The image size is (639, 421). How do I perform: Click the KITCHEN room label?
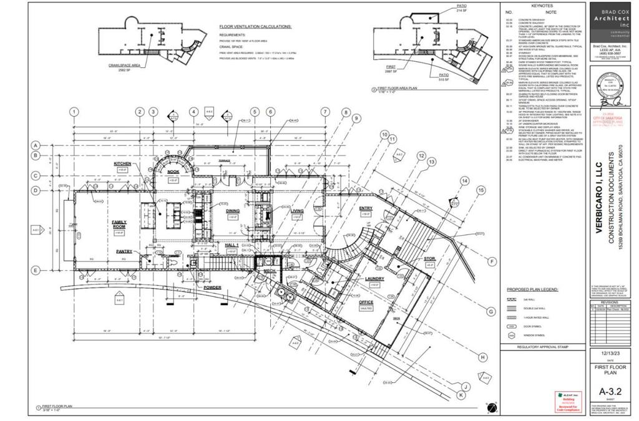(122, 163)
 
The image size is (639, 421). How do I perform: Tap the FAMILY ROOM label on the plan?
(119, 224)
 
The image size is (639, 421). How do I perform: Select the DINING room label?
(233, 211)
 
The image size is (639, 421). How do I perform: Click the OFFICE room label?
(366, 302)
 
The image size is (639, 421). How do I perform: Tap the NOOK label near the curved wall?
(173, 171)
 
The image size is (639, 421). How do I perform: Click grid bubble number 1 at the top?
(74, 112)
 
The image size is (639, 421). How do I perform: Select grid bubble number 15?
(480, 190)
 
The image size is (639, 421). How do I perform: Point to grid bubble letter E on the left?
(36, 270)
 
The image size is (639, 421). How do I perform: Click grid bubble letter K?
(461, 395)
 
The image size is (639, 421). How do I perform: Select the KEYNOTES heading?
(542, 5)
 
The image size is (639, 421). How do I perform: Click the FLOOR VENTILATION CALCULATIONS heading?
(256, 27)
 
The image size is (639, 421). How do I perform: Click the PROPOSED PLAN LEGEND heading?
(532, 289)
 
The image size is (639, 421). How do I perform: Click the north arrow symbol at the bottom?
(492, 408)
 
